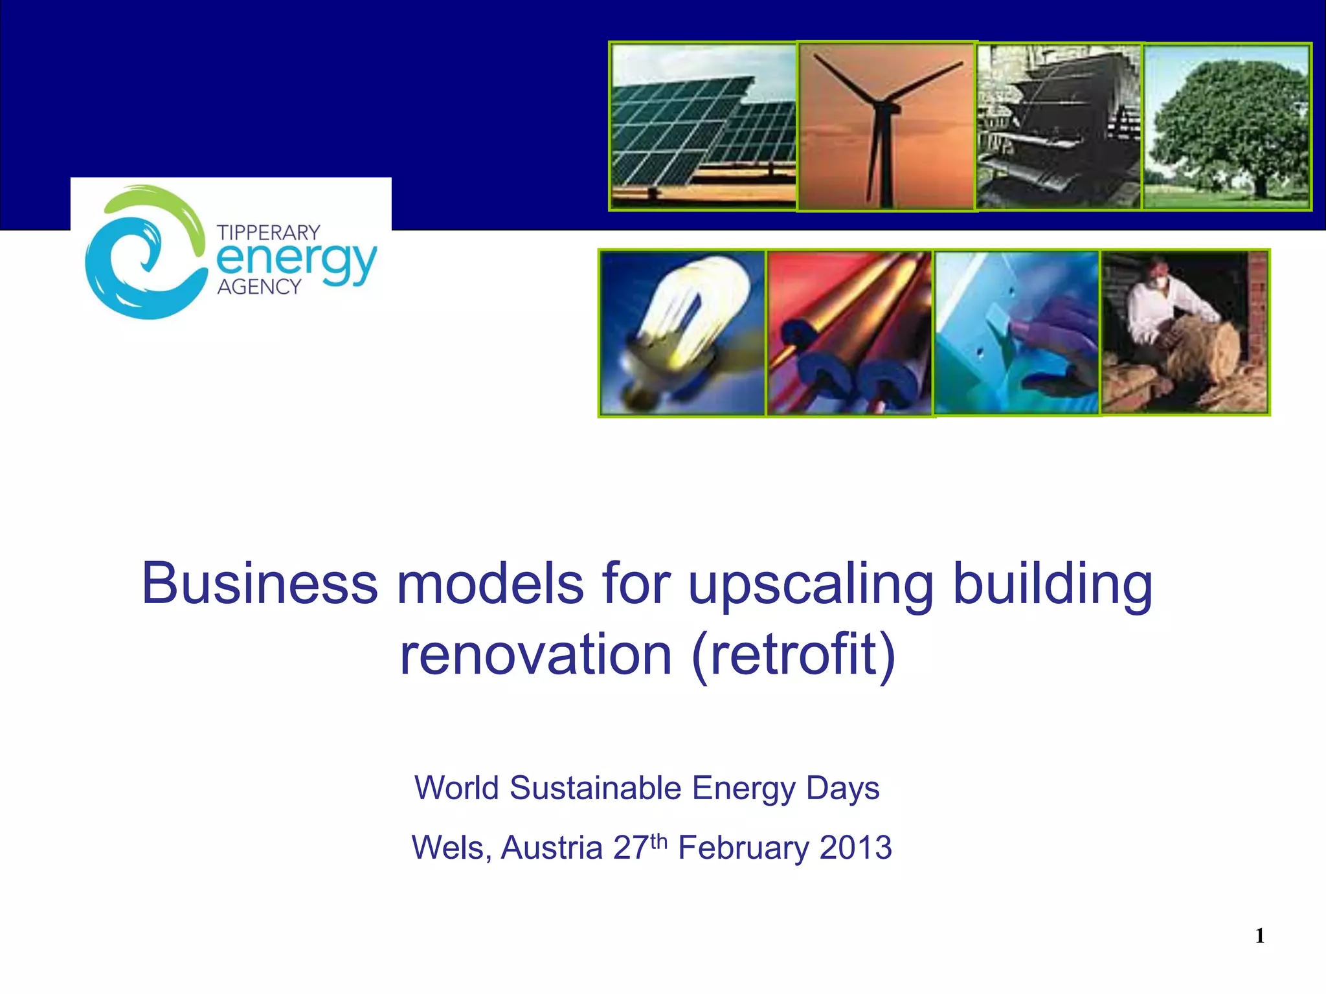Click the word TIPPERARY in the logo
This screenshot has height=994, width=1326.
tap(269, 232)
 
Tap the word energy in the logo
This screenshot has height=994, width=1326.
tap(297, 260)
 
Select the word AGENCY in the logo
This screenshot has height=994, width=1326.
tap(259, 287)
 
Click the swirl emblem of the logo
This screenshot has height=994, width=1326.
tap(146, 252)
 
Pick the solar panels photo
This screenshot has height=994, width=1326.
tap(703, 126)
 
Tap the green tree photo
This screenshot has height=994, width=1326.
tap(1227, 126)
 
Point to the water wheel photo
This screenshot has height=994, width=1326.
tap(1059, 126)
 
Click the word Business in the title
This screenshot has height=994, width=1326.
tap(259, 584)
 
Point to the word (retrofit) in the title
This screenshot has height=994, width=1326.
tap(794, 654)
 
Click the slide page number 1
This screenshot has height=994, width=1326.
tap(1260, 936)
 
